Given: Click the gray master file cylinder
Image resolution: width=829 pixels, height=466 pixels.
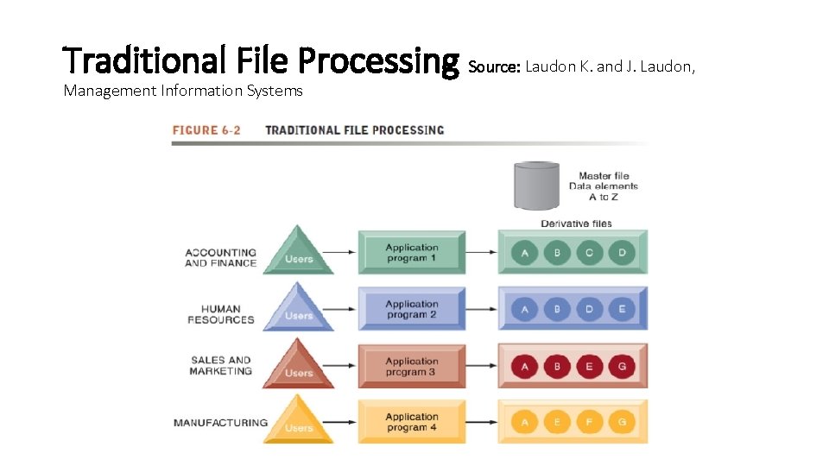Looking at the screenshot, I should point(536,185).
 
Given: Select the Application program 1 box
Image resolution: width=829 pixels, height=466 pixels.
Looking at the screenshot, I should point(412,253).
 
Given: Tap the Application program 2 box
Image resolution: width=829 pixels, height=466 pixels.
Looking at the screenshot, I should point(412,309).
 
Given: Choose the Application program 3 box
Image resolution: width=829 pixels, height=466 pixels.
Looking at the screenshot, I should point(412,366).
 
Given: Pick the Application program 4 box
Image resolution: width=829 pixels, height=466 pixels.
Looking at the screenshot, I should point(412,422).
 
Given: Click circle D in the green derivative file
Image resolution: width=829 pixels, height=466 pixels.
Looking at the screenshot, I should point(621,253).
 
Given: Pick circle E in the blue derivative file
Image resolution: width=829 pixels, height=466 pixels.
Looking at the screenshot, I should point(621,309).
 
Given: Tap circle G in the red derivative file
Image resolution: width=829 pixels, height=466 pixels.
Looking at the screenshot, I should point(621,366).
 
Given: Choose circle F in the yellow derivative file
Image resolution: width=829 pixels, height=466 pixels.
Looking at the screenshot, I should point(589,422).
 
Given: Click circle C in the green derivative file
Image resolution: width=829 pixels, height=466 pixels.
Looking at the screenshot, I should point(589,253).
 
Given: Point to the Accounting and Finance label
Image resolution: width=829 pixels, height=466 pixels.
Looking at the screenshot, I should point(220,258).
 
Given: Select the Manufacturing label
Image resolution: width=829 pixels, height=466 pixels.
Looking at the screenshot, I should point(220,423).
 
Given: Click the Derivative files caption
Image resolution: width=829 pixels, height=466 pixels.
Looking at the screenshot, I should point(576,224).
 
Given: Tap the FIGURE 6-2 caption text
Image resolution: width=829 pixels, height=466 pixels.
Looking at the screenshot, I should point(206,130).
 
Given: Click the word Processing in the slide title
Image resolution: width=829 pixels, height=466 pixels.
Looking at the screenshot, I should point(378,60).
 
